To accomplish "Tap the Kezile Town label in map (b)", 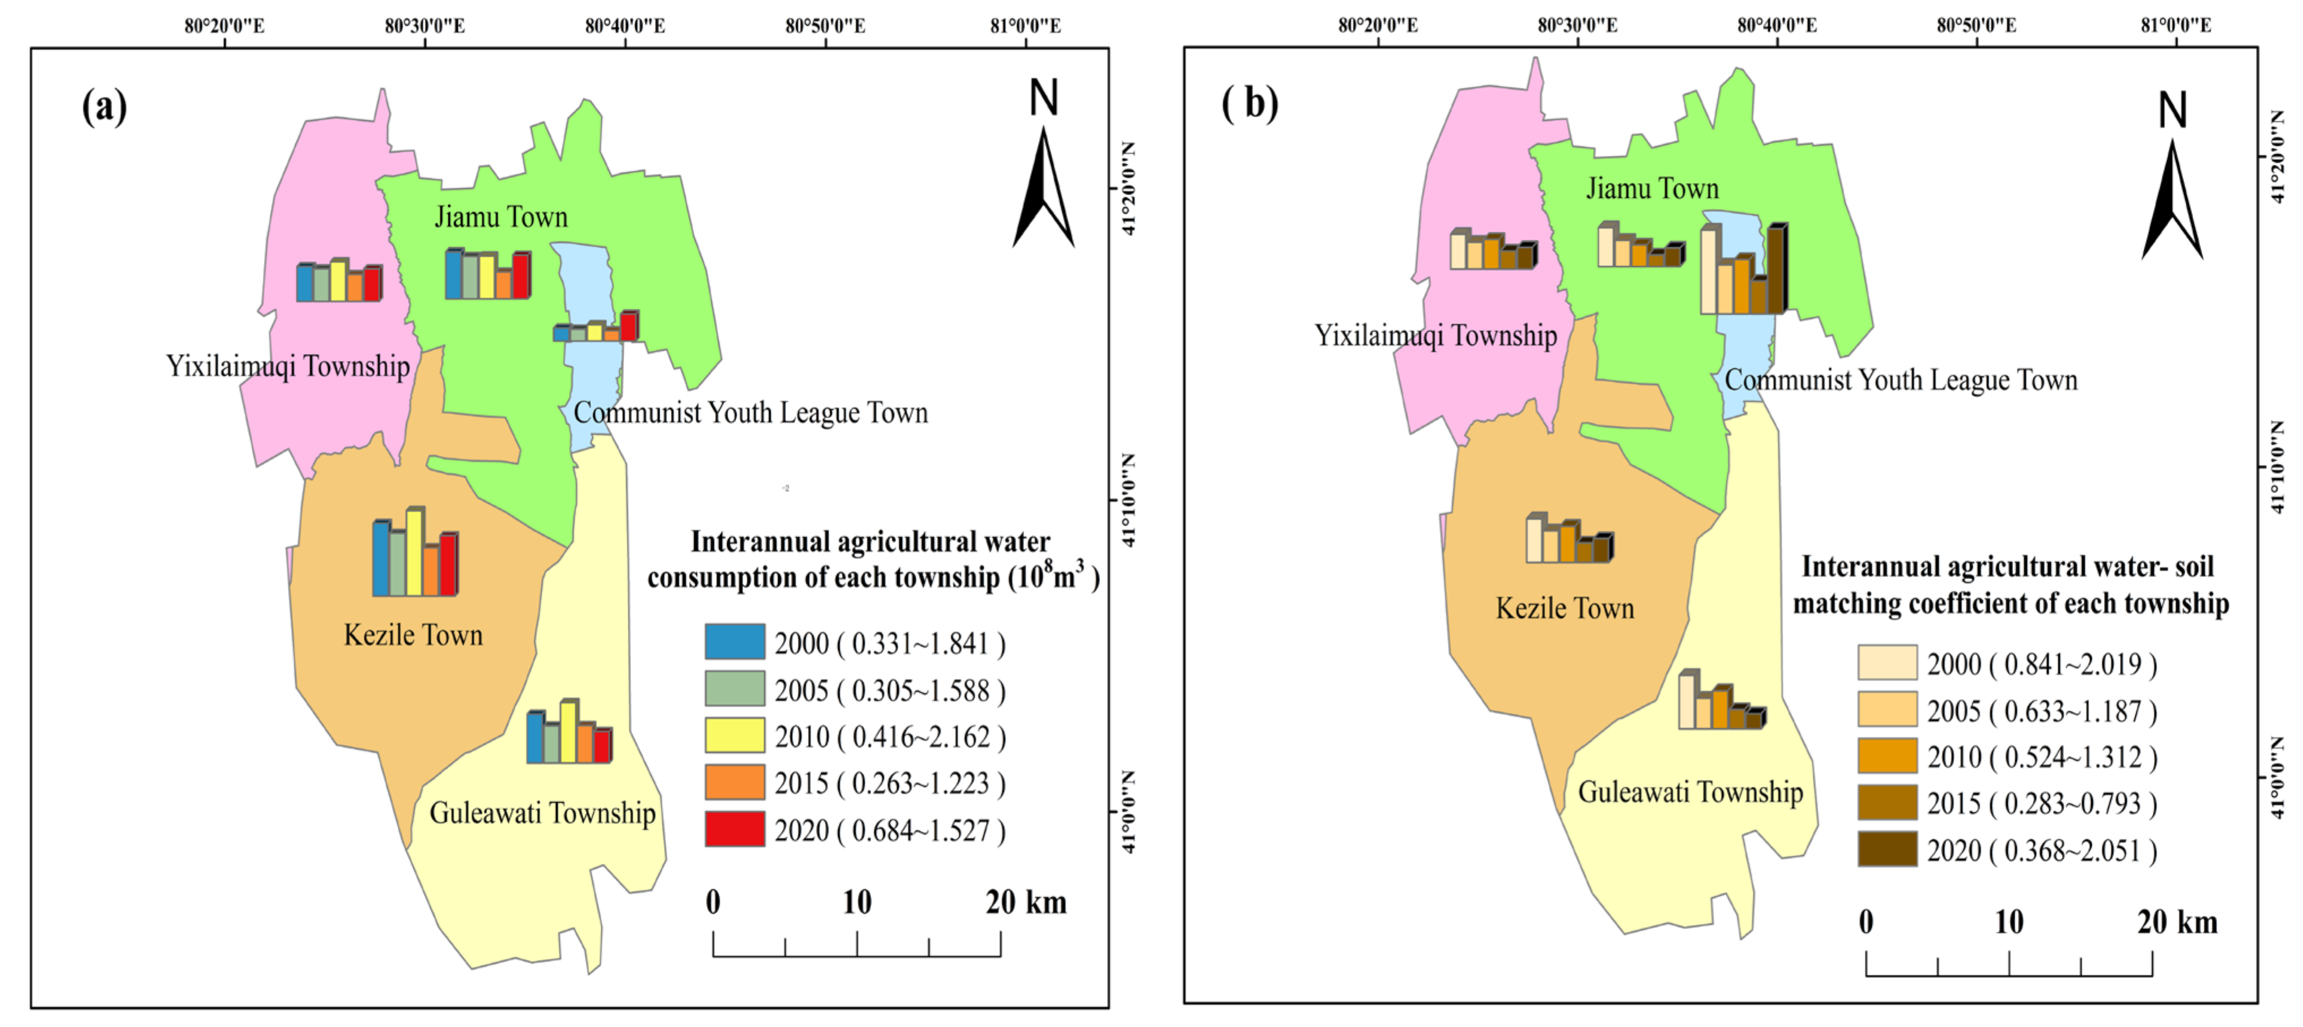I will (x=1565, y=609).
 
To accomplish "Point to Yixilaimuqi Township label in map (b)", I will (x=1435, y=336).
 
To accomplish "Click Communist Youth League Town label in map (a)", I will (x=750, y=413).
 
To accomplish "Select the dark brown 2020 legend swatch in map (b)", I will (x=1886, y=849).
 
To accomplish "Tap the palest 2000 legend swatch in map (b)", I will (x=1886, y=663).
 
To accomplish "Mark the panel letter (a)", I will (x=105, y=107).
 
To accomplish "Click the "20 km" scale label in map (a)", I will (x=1026, y=903).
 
